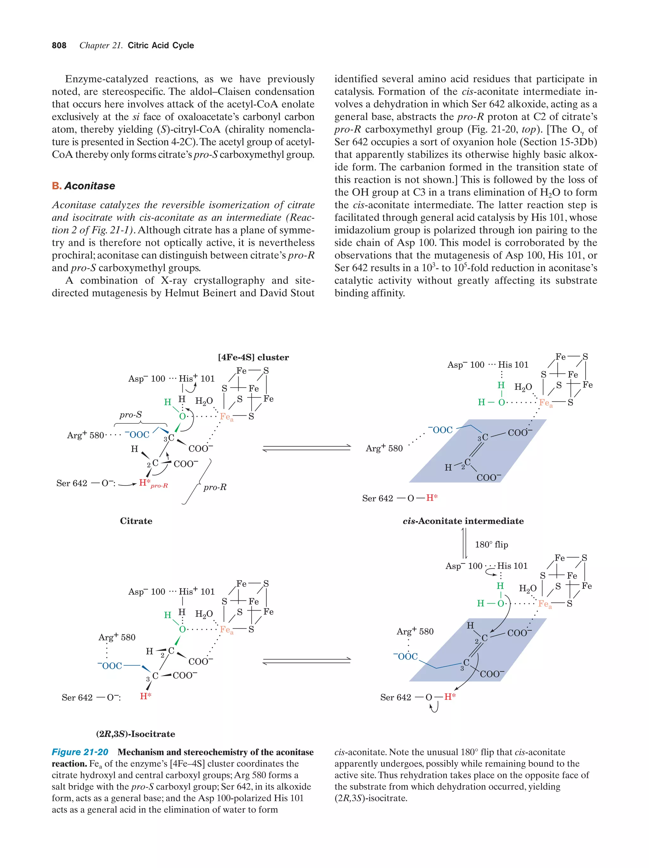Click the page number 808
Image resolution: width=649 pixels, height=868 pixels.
click(x=59, y=46)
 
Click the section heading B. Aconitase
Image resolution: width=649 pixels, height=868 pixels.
click(x=83, y=186)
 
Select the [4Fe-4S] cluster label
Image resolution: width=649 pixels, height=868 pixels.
click(x=253, y=357)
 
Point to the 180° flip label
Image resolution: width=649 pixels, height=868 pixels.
click(x=491, y=544)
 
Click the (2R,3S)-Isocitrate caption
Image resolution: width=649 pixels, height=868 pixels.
click(x=135, y=733)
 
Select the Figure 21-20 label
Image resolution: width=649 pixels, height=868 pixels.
click(x=80, y=751)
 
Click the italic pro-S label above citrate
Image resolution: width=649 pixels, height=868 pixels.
click(x=130, y=415)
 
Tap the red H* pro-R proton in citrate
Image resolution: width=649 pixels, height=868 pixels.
click(x=145, y=482)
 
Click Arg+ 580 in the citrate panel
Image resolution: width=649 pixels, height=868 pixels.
click(x=85, y=435)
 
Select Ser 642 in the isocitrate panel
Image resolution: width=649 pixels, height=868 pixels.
click(x=77, y=697)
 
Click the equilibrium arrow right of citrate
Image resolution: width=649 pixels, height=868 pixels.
click(x=306, y=448)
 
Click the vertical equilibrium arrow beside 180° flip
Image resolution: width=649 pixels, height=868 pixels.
click(x=464, y=544)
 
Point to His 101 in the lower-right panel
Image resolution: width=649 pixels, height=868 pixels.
click(x=512, y=566)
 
